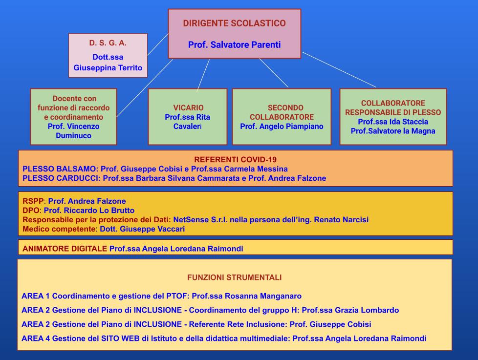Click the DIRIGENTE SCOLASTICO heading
pyautogui.click(x=234, y=23)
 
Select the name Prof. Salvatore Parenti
pyautogui.click(x=234, y=45)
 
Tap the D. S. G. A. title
pyautogui.click(x=108, y=43)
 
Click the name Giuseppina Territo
pyautogui.click(x=108, y=67)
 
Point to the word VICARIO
pyautogui.click(x=188, y=107)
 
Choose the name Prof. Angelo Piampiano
pyautogui.click(x=282, y=127)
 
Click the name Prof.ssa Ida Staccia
pyautogui.click(x=393, y=122)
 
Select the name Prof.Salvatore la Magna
pyautogui.click(x=393, y=131)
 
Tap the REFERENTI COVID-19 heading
pyautogui.click(x=236, y=159)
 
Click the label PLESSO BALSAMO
pyautogui.click(x=59, y=169)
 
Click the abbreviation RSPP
pyautogui.click(x=33, y=201)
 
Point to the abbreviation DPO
pyautogui.click(x=31, y=211)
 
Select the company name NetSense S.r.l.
pyautogui.click(x=200, y=220)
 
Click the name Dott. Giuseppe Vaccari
pyautogui.click(x=142, y=229)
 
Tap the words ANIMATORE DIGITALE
pyautogui.click(x=65, y=249)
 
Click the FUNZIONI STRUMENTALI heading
pyautogui.click(x=235, y=277)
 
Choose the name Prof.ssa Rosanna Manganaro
pyautogui.click(x=247, y=296)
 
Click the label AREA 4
pyautogui.click(x=36, y=339)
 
